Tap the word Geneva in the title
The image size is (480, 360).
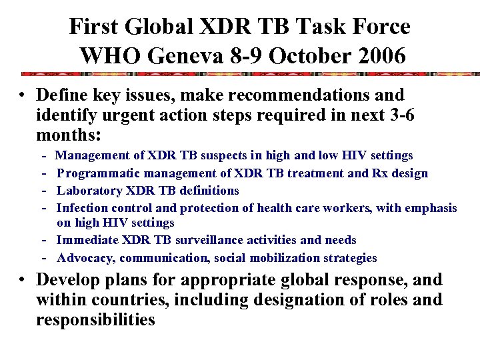(x=168, y=55)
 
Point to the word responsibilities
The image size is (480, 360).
(x=95, y=319)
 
